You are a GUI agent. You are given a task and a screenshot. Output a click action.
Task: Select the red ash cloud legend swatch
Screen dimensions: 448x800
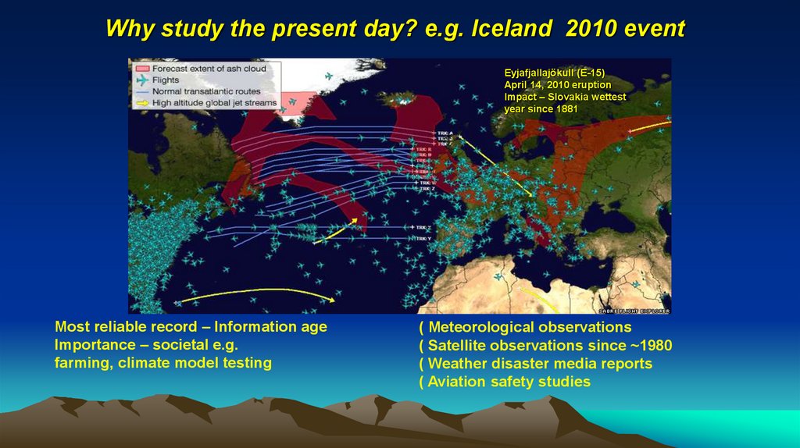(x=141, y=69)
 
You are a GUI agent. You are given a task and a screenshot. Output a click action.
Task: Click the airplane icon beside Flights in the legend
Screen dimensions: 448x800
(x=141, y=80)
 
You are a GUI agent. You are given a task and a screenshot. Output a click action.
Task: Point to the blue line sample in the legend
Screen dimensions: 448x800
(x=141, y=91)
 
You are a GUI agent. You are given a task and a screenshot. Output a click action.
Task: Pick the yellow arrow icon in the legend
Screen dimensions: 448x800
(x=141, y=103)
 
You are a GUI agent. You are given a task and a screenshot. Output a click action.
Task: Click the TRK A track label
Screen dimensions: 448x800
(x=445, y=133)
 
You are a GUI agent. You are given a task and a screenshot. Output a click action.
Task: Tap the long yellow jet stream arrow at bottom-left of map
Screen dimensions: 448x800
(x=258, y=294)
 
